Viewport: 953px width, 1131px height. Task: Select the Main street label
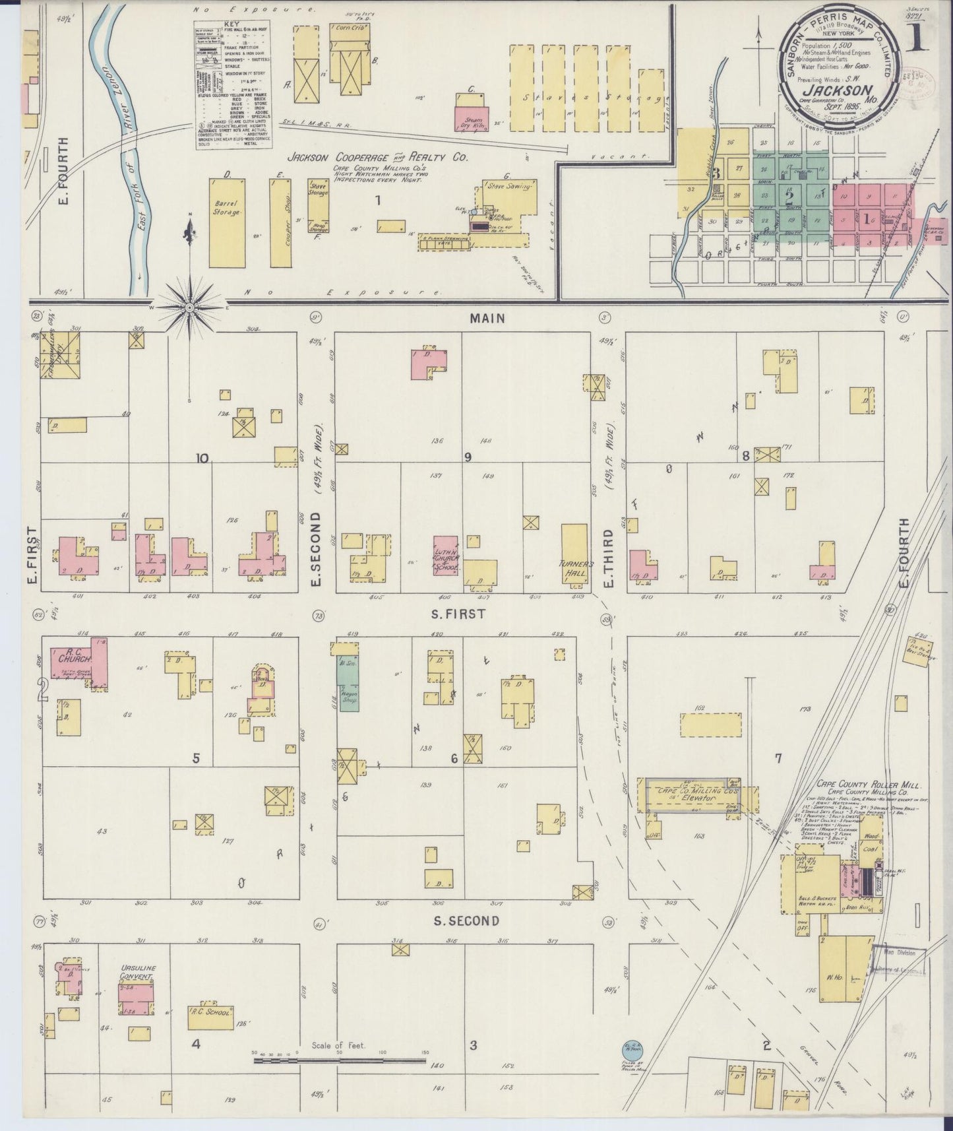point(487,318)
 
